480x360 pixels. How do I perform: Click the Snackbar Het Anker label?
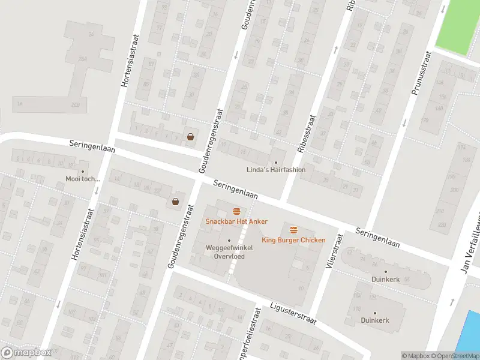pos(236,221)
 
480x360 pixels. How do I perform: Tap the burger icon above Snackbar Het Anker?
pos(236,211)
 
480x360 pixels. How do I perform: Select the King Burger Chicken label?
pos(293,240)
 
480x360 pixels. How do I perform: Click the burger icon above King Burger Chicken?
pos(293,230)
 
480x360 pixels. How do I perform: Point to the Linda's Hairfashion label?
pos(276,170)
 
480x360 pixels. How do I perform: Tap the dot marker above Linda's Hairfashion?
pos(276,162)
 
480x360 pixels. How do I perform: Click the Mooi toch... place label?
pos(83,179)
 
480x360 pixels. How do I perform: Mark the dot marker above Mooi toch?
pos(83,171)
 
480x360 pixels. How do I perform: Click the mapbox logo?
pos(26,353)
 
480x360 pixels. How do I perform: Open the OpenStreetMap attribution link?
pos(455,356)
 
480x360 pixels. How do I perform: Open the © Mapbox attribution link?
pos(416,356)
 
